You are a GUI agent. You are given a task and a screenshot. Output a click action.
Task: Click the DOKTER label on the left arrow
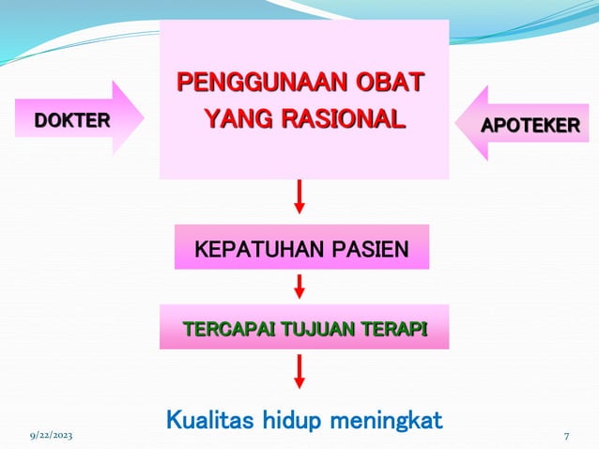point(72,119)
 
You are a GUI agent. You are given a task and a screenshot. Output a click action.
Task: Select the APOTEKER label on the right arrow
point(530,124)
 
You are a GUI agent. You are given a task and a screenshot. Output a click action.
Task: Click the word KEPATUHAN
point(252,250)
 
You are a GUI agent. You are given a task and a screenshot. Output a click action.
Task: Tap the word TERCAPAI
point(223,329)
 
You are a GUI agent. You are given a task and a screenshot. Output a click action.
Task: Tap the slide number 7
point(567,437)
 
